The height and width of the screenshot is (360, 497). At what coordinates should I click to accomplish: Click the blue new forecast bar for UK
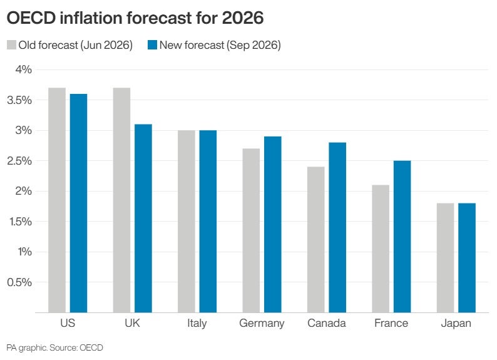pyautogui.click(x=143, y=219)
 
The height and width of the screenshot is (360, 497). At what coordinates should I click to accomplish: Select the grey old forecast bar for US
pyautogui.click(x=57, y=200)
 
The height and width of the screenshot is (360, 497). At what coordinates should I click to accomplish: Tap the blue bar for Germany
pyautogui.click(x=272, y=225)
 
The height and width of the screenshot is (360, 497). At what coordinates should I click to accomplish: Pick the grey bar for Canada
pyautogui.click(x=316, y=240)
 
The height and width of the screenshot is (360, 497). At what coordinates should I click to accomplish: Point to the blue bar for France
pyautogui.click(x=402, y=237)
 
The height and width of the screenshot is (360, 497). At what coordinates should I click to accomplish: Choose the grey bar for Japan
pyautogui.click(x=445, y=258)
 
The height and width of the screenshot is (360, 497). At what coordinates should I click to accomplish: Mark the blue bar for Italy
pyautogui.click(x=208, y=222)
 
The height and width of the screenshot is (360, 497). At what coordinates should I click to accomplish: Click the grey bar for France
pyautogui.click(x=381, y=249)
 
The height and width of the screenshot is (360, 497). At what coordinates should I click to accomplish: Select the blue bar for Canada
pyautogui.click(x=337, y=227)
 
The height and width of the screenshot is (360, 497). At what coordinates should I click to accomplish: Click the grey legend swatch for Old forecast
pyautogui.click(x=11, y=44)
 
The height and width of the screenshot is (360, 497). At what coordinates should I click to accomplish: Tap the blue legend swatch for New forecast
pyautogui.click(x=153, y=44)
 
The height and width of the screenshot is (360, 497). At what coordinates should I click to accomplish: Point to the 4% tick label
pyautogui.click(x=23, y=69)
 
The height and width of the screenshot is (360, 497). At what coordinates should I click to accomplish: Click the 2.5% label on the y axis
pyautogui.click(x=19, y=161)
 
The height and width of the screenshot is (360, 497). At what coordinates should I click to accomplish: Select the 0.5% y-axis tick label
pyautogui.click(x=19, y=282)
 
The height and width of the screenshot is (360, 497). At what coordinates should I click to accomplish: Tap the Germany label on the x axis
pyautogui.click(x=262, y=324)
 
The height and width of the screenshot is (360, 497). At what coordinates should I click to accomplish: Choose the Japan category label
pyautogui.click(x=456, y=324)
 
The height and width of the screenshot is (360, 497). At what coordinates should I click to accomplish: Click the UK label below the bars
pyautogui.click(x=132, y=323)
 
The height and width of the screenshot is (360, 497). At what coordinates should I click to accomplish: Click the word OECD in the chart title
pyautogui.click(x=31, y=18)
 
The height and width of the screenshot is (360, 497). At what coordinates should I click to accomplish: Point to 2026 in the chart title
pyautogui.click(x=243, y=18)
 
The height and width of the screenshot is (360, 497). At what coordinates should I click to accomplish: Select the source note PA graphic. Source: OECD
pyautogui.click(x=54, y=348)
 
